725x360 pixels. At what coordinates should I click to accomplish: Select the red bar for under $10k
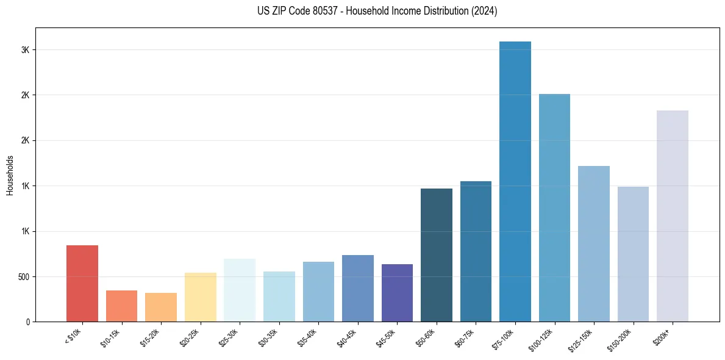pyautogui.click(x=82, y=283)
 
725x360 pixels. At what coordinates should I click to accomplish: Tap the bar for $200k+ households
pyautogui.click(x=673, y=216)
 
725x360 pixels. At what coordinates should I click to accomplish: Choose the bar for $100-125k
pyautogui.click(x=554, y=207)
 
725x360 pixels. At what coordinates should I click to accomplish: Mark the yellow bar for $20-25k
pyautogui.click(x=201, y=297)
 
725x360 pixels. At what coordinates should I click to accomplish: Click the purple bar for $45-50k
pyautogui.click(x=397, y=293)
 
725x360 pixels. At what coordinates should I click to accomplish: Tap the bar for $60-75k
pyautogui.click(x=476, y=251)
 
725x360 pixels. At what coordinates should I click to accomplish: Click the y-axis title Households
pyautogui.click(x=10, y=175)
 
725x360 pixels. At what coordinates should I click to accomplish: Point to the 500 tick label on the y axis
pyautogui.click(x=23, y=276)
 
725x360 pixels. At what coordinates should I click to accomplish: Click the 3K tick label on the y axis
pyautogui.click(x=25, y=50)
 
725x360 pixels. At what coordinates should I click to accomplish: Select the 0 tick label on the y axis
pyautogui.click(x=27, y=322)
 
